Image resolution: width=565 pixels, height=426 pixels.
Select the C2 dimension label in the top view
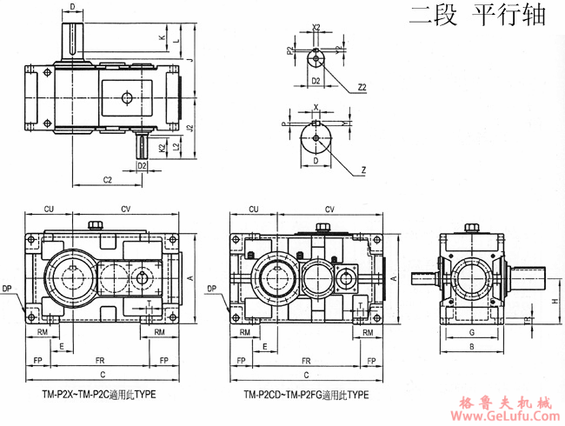click(x=108, y=180)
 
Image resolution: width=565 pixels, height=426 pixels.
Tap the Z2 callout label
click(x=360, y=87)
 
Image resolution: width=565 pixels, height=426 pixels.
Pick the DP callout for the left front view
click(x=8, y=288)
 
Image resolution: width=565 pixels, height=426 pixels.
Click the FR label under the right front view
click(x=305, y=359)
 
